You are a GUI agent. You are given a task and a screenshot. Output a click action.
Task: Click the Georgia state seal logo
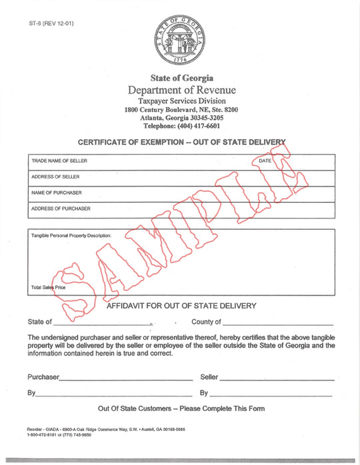180,39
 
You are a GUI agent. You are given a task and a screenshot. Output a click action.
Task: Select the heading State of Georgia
181,79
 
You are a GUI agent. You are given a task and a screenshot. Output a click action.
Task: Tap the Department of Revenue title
181,90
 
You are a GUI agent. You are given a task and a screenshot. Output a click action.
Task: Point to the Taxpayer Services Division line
181,101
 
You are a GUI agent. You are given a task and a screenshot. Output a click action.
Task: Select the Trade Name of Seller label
59,161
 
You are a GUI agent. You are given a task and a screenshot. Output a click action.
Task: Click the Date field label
265,161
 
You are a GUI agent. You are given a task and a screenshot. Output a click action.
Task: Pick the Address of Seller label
55,177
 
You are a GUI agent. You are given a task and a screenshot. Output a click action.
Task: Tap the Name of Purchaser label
57,193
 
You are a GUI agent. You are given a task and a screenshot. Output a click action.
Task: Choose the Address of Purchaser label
61,209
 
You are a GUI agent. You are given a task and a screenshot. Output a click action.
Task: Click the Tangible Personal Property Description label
71,235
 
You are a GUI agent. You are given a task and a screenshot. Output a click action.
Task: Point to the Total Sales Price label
53,288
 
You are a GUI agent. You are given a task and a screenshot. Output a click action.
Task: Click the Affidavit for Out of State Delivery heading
181,306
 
